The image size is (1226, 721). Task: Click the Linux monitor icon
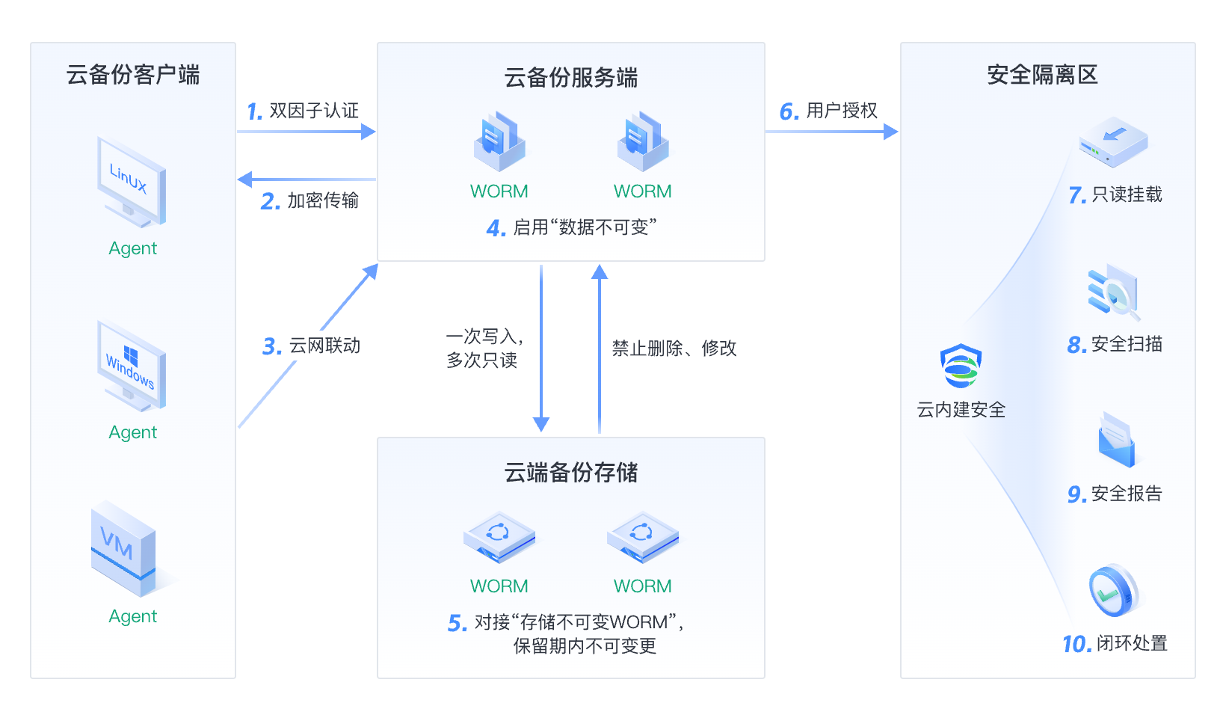click(x=132, y=182)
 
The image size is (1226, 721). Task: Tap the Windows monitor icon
click(x=132, y=366)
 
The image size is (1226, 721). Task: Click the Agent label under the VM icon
click(x=132, y=616)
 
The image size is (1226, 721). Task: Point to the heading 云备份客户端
click(x=133, y=75)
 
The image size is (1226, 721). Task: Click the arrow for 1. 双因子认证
click(x=306, y=132)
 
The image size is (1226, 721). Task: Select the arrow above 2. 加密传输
click(x=306, y=180)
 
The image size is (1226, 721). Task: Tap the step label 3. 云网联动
click(x=312, y=346)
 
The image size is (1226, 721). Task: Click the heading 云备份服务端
click(x=570, y=78)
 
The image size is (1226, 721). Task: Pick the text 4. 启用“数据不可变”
click(x=572, y=227)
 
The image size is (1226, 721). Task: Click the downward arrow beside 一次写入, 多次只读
click(x=541, y=349)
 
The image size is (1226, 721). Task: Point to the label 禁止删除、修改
click(x=674, y=349)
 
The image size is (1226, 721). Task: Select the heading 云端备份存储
click(x=570, y=473)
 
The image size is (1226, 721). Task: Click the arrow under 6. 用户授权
click(x=831, y=132)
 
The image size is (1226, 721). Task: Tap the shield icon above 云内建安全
click(x=961, y=366)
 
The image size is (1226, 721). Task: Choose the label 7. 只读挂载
click(x=1115, y=194)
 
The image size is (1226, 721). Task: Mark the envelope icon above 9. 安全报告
click(x=1116, y=440)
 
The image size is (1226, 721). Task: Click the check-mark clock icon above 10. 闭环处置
click(x=1113, y=591)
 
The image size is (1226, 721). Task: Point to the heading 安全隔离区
click(x=1042, y=75)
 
